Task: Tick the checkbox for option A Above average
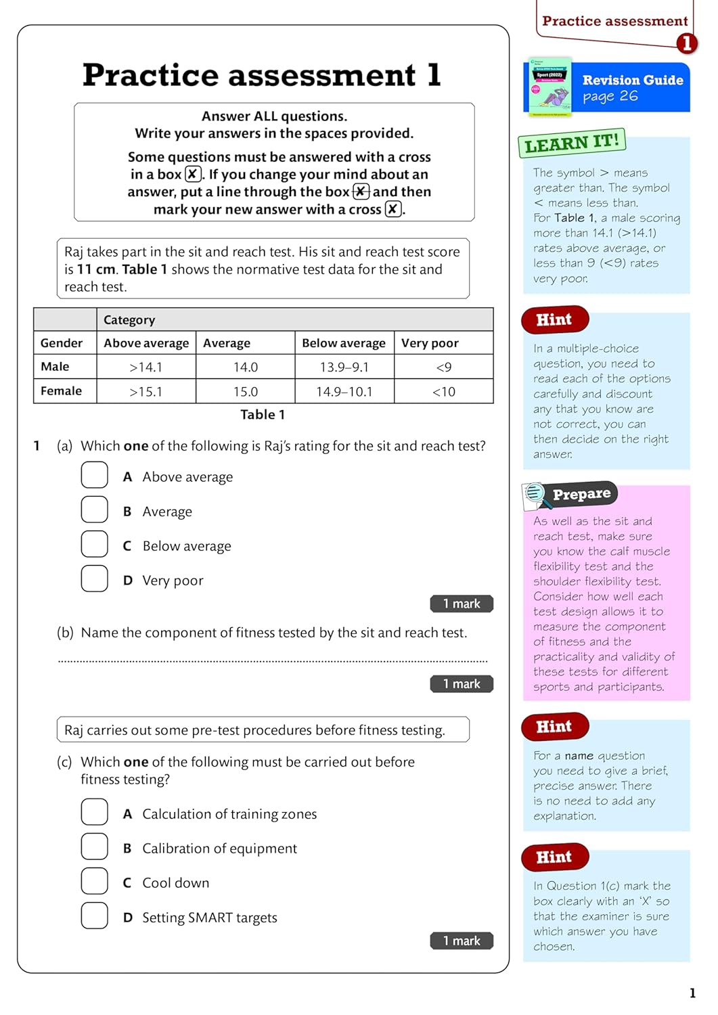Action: click(x=95, y=475)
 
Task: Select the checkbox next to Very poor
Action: click(x=95, y=579)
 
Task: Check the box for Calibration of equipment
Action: click(x=95, y=847)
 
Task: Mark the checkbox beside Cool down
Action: click(x=95, y=881)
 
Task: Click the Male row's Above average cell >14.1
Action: click(x=146, y=367)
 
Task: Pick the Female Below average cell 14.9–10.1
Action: click(x=344, y=392)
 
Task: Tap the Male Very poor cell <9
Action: click(x=444, y=367)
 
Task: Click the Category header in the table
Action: click(x=129, y=320)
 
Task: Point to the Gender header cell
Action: click(x=62, y=343)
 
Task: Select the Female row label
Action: click(x=62, y=391)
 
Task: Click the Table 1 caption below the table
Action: click(x=263, y=415)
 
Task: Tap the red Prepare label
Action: click(x=581, y=495)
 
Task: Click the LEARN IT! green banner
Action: click(x=572, y=143)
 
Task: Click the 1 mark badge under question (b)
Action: click(x=462, y=684)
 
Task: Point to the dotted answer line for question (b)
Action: click(x=272, y=660)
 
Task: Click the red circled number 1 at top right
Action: click(x=686, y=44)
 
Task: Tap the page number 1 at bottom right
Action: click(x=692, y=993)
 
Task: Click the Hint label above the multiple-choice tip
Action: click(x=554, y=320)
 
